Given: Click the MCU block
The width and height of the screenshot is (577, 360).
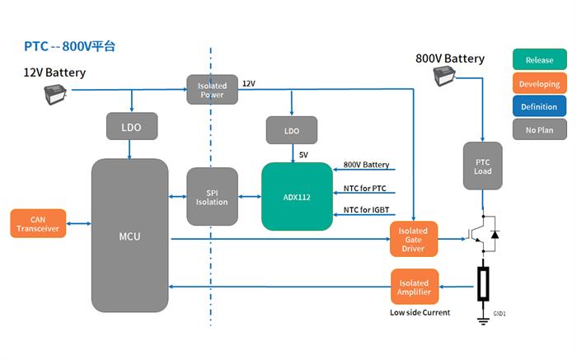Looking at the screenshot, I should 129,236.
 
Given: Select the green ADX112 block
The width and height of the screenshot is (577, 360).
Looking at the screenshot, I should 297,197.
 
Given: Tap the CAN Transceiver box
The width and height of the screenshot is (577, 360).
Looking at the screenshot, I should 38,223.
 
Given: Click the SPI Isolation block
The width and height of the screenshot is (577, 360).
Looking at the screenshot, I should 212,197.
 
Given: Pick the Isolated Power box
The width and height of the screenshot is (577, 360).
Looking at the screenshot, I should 212,89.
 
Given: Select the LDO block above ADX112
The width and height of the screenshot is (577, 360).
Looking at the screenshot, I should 291,130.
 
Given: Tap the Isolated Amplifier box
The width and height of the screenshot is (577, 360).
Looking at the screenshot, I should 414,288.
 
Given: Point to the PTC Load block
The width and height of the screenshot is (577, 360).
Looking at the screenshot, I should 483,166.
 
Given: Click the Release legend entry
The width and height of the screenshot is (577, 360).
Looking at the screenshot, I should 539,60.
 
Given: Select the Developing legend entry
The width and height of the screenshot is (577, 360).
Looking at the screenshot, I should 539,83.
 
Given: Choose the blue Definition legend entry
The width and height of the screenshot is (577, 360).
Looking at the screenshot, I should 539,106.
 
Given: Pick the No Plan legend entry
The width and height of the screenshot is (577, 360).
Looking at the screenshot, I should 539,129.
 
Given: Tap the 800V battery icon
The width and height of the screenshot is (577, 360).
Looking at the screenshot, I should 446,77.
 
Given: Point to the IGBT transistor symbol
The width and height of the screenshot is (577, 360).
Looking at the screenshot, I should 483,234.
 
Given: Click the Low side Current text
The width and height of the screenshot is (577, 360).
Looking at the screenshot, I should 420,313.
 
